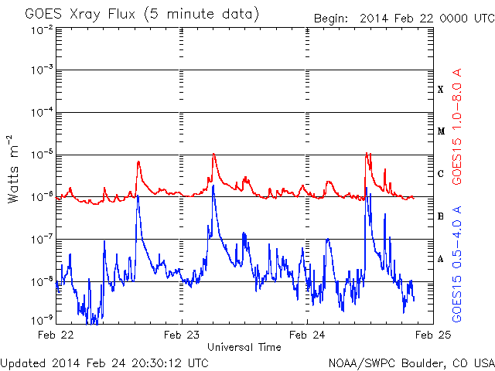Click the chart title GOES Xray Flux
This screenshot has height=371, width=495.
(80, 15)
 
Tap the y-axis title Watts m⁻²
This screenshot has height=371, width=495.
(12, 169)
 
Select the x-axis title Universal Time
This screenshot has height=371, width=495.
(244, 347)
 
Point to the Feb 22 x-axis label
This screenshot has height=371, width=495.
(56, 335)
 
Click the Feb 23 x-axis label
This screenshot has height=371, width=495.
(182, 335)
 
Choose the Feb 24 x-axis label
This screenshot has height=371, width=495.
(307, 335)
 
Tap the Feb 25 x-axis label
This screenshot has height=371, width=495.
(433, 335)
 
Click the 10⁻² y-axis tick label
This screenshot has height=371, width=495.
(42, 31)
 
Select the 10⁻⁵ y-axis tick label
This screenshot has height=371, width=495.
(42, 155)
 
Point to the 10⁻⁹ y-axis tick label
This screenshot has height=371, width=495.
(42, 321)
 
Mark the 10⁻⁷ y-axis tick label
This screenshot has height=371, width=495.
(42, 240)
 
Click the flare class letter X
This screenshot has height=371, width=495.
(441, 90)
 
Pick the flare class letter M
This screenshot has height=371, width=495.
(441, 131)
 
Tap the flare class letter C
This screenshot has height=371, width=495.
(441, 174)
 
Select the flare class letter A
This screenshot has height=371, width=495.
(441, 259)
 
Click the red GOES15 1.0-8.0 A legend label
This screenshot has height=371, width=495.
(457, 127)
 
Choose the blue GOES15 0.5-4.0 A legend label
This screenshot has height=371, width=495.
(457, 264)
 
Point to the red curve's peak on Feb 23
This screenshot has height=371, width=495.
(213, 154)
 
